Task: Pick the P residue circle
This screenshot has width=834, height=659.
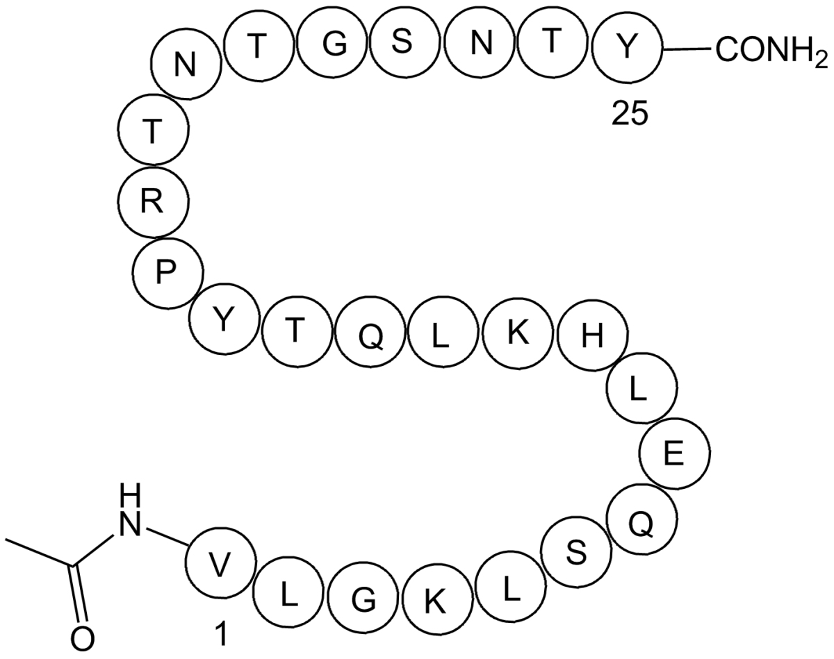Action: [167, 273]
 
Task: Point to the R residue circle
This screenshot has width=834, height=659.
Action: [154, 203]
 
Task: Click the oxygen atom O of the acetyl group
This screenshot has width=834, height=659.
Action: [82, 637]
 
